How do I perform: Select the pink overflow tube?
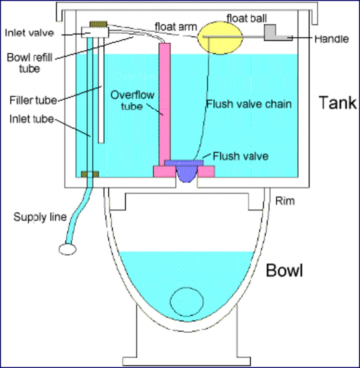pyautogui.click(x=164, y=100)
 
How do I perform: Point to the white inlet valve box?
pyautogui.click(x=95, y=32)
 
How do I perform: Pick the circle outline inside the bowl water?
pyautogui.click(x=186, y=301)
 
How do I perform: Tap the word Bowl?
pyautogui.click(x=284, y=271)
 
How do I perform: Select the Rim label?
pyautogui.click(x=285, y=201)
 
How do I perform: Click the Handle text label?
pyautogui.click(x=332, y=39)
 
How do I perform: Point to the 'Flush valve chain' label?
pyautogui.click(x=249, y=104)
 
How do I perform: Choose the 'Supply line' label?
pyautogui.click(x=40, y=217)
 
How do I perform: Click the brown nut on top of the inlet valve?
pyautogui.click(x=98, y=24)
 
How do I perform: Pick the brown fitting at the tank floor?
pyautogui.click(x=90, y=174)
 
